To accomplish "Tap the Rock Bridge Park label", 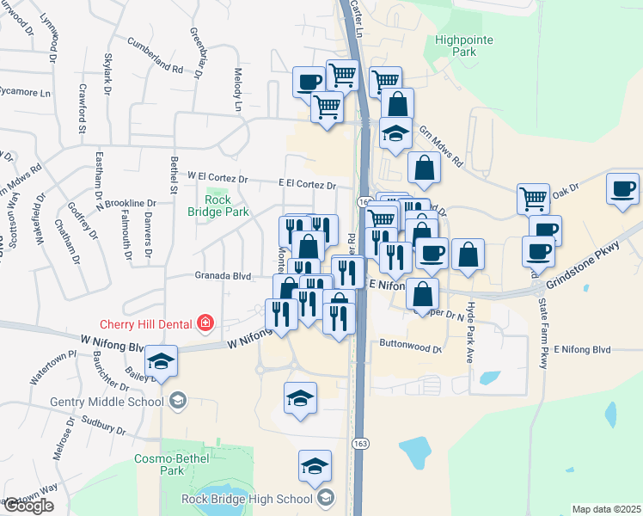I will point(219,205).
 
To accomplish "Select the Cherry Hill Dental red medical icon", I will point(205,323).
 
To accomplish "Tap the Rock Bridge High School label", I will point(247,499).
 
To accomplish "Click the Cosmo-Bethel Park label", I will point(160,464).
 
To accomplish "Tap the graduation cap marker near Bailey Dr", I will point(160,360).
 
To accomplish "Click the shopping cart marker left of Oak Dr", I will point(533,199).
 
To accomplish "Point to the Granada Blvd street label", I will point(222,277).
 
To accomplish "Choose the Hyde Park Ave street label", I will point(471,319).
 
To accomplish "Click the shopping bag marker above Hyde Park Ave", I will point(467,255).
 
